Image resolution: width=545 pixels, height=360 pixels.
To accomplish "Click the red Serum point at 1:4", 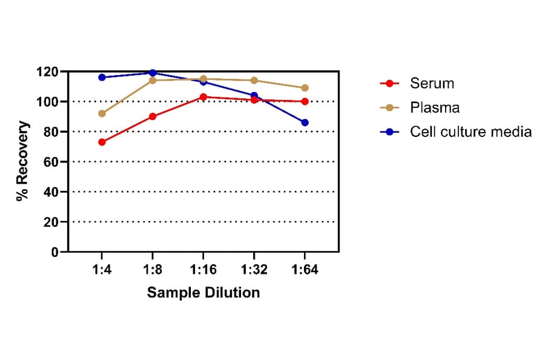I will point(102,142).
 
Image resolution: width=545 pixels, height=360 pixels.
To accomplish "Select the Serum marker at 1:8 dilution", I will point(153,116).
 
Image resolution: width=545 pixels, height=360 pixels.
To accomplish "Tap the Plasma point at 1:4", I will point(102,113).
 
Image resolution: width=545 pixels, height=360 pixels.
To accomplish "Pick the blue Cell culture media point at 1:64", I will point(305,122).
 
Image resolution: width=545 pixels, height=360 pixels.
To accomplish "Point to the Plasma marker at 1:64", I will point(305,88).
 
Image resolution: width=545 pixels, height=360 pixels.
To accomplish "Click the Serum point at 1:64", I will point(305,101).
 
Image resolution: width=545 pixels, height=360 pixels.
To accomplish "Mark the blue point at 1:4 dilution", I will point(102,77).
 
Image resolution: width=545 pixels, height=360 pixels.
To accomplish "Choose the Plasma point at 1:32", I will point(254,80).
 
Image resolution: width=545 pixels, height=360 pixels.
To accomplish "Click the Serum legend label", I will point(431,83).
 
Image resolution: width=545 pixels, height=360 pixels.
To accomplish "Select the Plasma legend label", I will point(434,107).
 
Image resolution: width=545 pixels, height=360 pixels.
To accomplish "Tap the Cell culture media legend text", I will point(471,132).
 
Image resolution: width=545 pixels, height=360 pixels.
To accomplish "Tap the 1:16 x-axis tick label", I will point(203,268).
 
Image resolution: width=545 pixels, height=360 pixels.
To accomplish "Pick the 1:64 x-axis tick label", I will point(305,268).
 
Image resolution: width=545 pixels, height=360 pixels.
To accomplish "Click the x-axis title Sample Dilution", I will point(203,293).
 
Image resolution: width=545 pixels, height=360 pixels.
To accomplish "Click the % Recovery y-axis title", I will point(22,161).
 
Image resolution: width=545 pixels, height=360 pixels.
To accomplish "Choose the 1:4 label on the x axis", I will point(102,268).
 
